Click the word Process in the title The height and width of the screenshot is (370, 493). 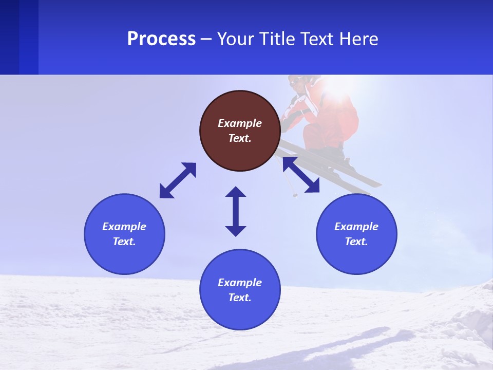pos(161,39)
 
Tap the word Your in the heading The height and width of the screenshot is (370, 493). pos(235,39)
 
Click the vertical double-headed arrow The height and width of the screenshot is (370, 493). pos(236,211)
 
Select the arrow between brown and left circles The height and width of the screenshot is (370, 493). pos(178,180)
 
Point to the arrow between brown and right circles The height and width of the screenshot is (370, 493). pos(301,175)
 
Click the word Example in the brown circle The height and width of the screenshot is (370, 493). pos(240,123)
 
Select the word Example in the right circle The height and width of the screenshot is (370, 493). pos(356,227)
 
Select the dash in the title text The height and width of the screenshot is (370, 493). pos(206,40)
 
